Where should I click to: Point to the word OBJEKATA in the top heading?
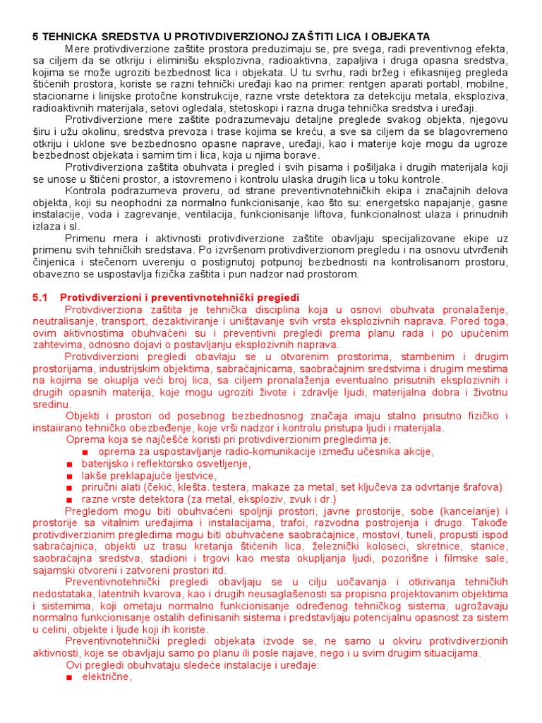click(404, 36)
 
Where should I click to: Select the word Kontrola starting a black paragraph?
click(86, 191)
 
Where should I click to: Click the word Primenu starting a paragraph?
click(85, 239)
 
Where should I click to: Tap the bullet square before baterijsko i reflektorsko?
click(69, 464)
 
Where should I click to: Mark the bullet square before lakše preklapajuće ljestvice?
click(69, 476)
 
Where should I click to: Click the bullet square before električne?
click(69, 677)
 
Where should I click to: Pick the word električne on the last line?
click(107, 677)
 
